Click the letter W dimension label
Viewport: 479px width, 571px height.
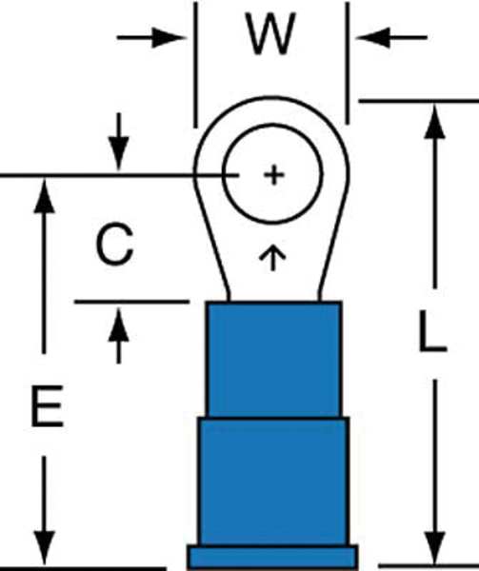(270, 34)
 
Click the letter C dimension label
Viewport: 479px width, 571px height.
(114, 244)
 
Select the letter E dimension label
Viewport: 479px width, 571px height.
(48, 406)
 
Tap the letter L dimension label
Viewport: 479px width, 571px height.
(432, 332)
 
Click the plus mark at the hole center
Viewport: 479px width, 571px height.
(274, 175)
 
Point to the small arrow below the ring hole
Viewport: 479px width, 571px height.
(272, 258)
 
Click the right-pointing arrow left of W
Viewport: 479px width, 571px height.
(151, 37)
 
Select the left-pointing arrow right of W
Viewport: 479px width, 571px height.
(391, 37)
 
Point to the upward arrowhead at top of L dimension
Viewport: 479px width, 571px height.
(434, 121)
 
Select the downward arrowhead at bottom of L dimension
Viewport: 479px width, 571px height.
(434, 549)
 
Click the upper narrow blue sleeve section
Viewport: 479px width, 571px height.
(273, 360)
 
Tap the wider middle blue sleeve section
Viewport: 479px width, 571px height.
(273, 482)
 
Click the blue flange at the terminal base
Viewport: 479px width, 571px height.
(272, 558)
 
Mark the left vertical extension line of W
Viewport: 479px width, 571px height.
(195, 65)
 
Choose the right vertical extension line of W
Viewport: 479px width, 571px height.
(348, 63)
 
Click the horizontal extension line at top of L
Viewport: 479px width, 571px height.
(419, 101)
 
